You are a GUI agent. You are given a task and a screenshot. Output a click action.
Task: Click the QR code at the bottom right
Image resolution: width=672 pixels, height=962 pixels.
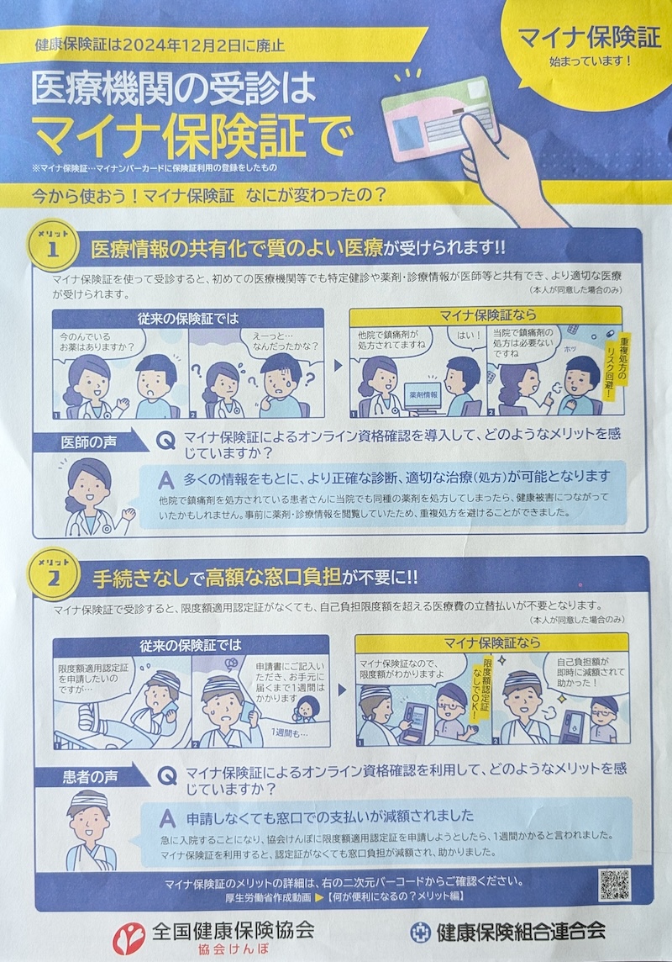click(x=614, y=884)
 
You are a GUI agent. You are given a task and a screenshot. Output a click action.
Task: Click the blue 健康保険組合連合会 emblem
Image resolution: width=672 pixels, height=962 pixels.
click(x=420, y=932)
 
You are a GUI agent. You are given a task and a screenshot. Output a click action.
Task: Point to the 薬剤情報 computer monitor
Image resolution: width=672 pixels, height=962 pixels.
click(x=423, y=396)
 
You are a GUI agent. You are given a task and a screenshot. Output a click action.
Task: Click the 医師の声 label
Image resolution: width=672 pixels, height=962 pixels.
click(x=89, y=441)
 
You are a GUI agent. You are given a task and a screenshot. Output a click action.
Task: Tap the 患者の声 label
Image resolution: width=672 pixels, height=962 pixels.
click(x=90, y=777)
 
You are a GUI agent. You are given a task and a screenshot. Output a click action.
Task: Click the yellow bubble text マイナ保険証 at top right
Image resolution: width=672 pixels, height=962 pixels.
click(x=590, y=38)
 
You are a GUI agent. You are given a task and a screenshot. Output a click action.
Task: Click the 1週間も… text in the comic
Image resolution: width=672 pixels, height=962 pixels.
click(x=289, y=733)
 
